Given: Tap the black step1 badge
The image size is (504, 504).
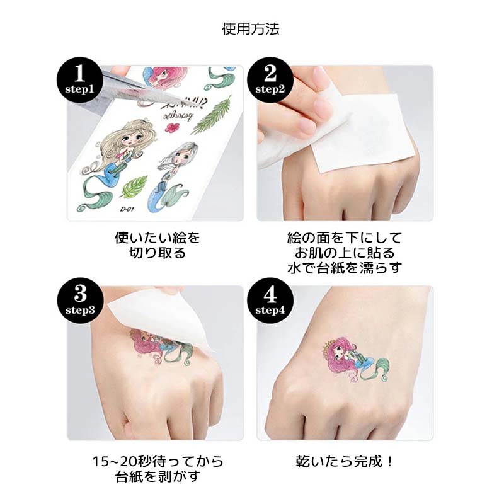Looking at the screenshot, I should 79,79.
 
